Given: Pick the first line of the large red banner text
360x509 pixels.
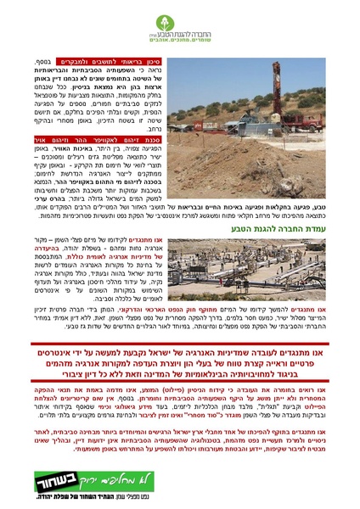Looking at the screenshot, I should [x=180, y=350].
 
